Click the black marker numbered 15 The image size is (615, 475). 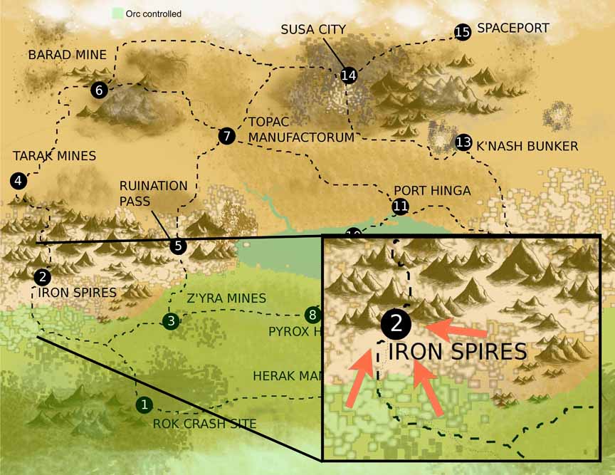click(x=462, y=32)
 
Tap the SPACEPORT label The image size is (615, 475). click(x=512, y=28)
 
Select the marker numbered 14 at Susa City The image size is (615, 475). click(x=348, y=75)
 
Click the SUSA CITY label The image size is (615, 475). click(x=312, y=29)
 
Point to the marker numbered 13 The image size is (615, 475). click(x=463, y=142)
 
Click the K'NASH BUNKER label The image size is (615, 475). click(x=527, y=146)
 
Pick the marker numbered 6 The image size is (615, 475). click(x=99, y=90)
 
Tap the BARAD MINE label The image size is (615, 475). click(x=67, y=55)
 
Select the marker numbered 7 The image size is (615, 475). click(x=226, y=135)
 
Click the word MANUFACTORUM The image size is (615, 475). click(x=301, y=137)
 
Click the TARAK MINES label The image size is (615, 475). click(x=54, y=155)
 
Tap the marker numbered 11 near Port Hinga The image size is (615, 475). click(x=400, y=207)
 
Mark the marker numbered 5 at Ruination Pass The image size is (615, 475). click(x=178, y=246)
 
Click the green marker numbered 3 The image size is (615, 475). click(x=170, y=321)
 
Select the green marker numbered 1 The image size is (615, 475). click(x=144, y=404)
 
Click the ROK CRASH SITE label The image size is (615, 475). click(x=204, y=424)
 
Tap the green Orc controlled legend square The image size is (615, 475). click(x=117, y=14)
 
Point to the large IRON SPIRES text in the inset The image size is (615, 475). click(x=456, y=351)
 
